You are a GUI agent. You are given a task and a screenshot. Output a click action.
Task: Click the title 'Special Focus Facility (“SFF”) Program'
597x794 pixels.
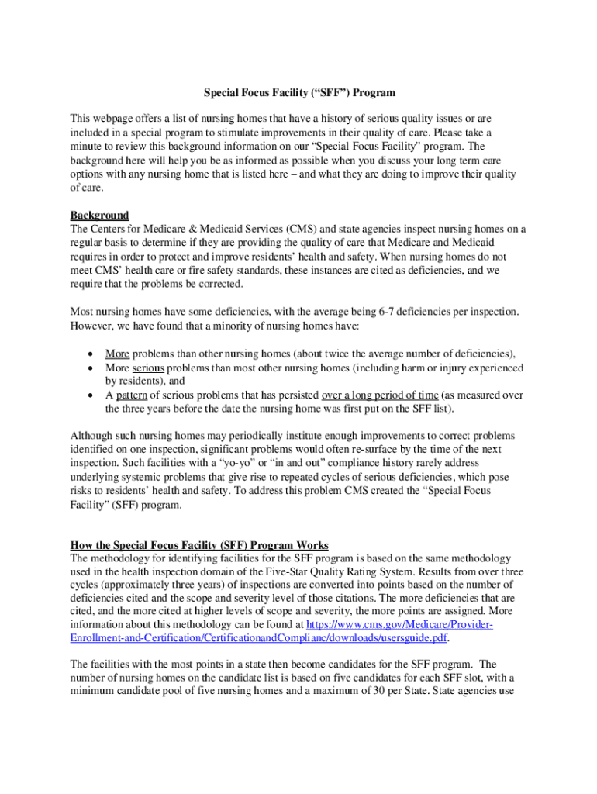(x=299, y=93)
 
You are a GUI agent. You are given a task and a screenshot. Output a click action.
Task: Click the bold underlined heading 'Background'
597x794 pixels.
(x=99, y=215)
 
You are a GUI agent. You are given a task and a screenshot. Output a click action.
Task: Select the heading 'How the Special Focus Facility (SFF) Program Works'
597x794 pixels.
(x=199, y=544)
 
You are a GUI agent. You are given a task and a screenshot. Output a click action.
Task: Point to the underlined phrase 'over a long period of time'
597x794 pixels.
(x=380, y=394)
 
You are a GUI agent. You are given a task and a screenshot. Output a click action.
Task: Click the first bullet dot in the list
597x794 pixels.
(x=91, y=353)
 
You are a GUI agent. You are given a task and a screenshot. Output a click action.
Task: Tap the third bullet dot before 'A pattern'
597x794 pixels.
(x=91, y=395)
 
